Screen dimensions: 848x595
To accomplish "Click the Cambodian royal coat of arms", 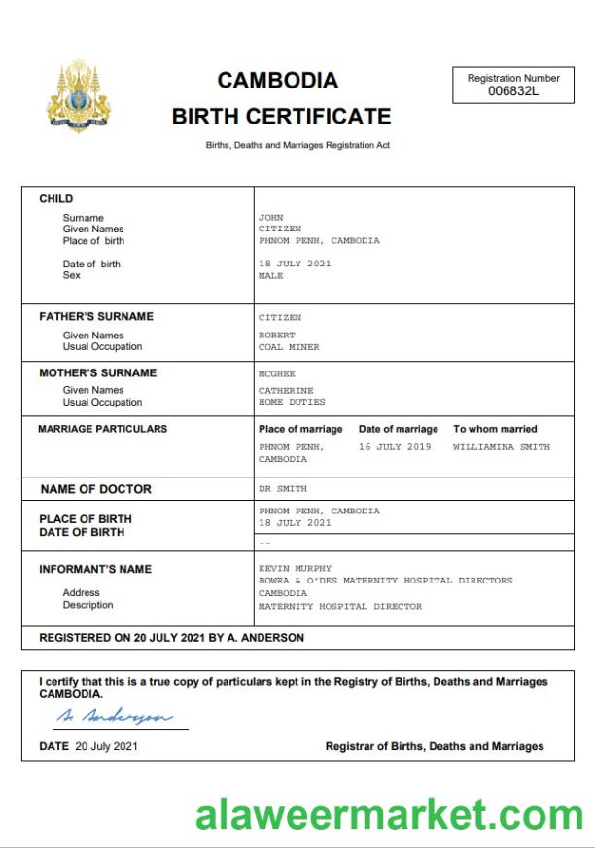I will [x=79, y=96].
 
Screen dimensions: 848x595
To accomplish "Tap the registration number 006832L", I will [x=512, y=91].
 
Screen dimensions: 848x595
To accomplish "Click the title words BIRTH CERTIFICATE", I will [x=281, y=117].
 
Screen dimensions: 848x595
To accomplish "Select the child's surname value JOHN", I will [x=270, y=218].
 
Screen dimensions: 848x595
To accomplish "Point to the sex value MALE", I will [x=271, y=276].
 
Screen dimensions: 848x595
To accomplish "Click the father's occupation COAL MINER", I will [x=289, y=347].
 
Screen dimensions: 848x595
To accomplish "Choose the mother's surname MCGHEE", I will [x=275, y=373].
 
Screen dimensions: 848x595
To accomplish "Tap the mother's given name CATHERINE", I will [x=287, y=391].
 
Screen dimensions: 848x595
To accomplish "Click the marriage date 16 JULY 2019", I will [x=394, y=447].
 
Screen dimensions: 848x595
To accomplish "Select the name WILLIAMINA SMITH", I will [x=501, y=447].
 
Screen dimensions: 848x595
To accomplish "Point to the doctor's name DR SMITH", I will [x=283, y=489].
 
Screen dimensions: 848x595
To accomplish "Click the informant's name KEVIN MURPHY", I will [x=295, y=569].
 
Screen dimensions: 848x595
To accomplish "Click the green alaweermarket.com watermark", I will [x=389, y=814].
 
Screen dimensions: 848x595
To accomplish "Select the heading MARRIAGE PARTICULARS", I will [x=102, y=429].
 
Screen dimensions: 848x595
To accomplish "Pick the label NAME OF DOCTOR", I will [x=95, y=489].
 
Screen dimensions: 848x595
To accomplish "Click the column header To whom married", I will [x=495, y=429].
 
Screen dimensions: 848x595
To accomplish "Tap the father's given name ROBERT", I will [x=276, y=336].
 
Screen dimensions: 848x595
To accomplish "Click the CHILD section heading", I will [x=55, y=199].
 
